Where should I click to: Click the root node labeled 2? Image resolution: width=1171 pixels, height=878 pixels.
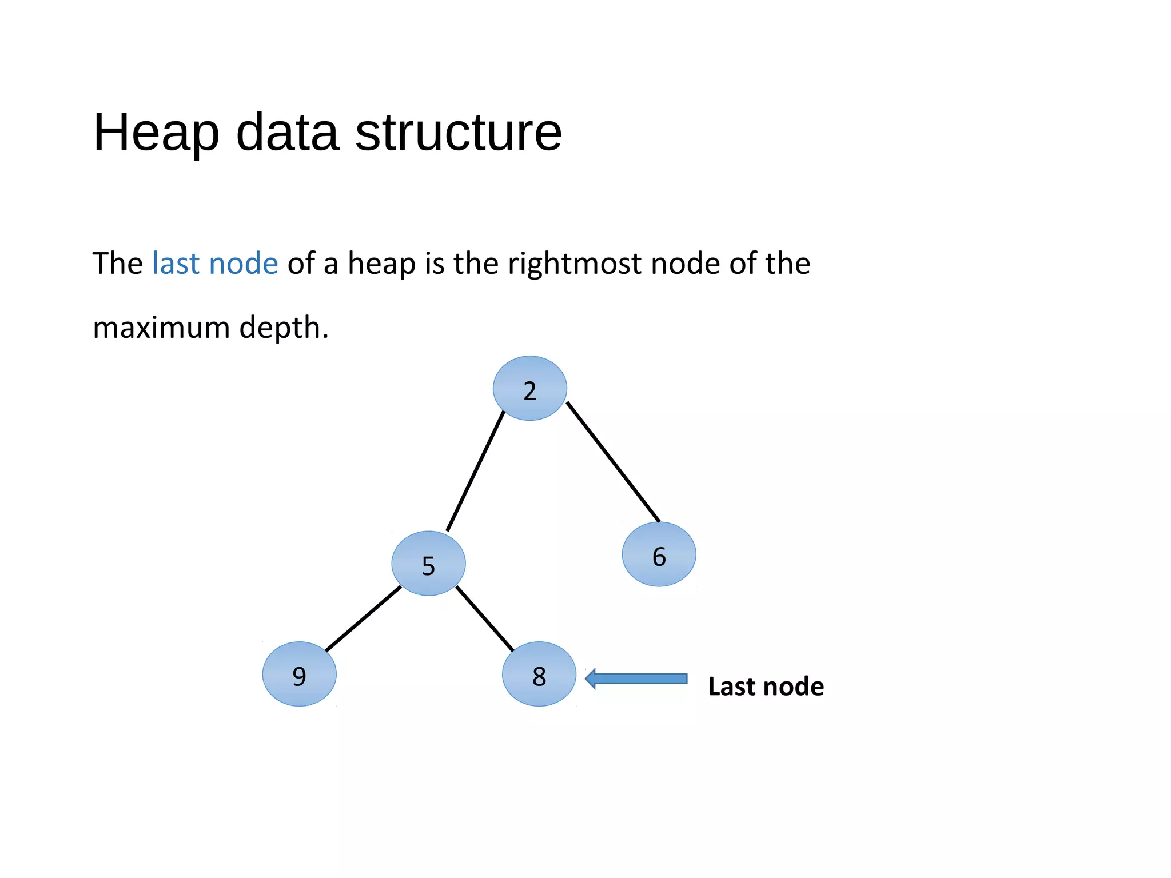[x=529, y=389]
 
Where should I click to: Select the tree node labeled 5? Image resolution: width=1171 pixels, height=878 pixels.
[x=428, y=564]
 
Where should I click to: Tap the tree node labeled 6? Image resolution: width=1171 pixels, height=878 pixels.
[x=659, y=554]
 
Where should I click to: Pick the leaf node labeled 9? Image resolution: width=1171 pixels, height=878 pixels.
[x=299, y=674]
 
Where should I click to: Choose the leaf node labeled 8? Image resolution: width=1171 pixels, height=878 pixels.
[x=539, y=674]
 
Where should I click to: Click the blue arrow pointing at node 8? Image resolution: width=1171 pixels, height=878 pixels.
[x=636, y=679]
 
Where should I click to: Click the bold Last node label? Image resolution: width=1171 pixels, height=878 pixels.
[x=766, y=686]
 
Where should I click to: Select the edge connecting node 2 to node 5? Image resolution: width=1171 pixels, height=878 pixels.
[x=476, y=470]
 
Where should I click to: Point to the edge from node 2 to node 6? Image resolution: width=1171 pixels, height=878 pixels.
[x=613, y=462]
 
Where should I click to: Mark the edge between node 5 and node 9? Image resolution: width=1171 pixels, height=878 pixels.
[x=363, y=619]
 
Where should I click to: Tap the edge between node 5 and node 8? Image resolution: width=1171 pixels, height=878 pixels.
[x=485, y=619]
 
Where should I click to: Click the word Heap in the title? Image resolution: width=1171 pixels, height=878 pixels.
[x=156, y=133]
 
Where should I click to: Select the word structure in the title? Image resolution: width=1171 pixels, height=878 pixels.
[x=459, y=133]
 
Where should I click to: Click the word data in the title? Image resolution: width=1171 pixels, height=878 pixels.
[x=287, y=133]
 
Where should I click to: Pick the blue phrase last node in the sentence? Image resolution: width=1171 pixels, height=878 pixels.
[x=215, y=264]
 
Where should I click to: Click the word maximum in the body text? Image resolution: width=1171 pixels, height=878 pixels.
[x=161, y=328]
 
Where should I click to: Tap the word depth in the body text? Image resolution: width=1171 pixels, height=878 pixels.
[x=283, y=328]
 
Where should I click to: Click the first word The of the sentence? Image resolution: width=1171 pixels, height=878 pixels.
[x=117, y=264]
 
